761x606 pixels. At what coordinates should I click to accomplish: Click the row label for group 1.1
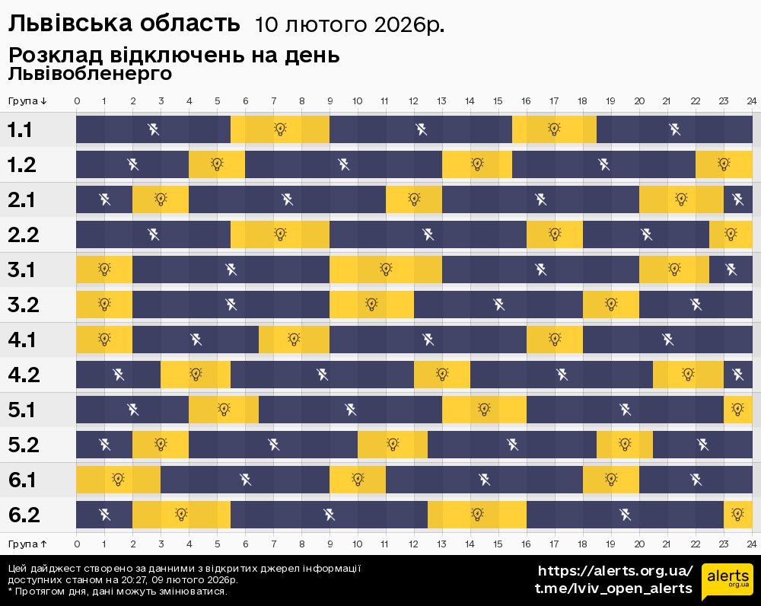21,130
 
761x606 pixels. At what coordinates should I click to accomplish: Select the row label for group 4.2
23,375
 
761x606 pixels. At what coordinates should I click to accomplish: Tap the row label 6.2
23,515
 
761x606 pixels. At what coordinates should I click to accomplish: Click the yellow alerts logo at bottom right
727,582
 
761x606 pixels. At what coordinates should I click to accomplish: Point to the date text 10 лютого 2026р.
349,25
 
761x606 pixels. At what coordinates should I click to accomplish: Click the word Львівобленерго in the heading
90,74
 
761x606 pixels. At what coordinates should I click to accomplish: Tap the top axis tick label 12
414,101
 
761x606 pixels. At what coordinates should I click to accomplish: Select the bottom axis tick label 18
582,544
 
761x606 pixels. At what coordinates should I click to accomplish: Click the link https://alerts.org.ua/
615,571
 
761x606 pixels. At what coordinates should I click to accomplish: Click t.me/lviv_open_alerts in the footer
613,588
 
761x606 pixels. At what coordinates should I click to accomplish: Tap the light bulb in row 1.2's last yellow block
724,164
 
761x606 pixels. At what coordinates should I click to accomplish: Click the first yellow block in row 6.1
118,480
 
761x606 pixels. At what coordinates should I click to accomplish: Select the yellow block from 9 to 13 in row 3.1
386,270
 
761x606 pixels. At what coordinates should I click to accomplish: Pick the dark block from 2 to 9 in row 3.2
231,305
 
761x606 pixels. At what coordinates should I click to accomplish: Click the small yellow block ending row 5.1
737,410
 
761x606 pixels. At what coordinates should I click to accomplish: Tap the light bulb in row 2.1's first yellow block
161,199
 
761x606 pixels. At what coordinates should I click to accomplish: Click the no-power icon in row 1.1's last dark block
674,129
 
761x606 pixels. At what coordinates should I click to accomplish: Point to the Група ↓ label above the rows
28,101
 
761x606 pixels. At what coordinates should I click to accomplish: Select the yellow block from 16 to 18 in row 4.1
555,340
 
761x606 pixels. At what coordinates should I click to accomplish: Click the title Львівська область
123,24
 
